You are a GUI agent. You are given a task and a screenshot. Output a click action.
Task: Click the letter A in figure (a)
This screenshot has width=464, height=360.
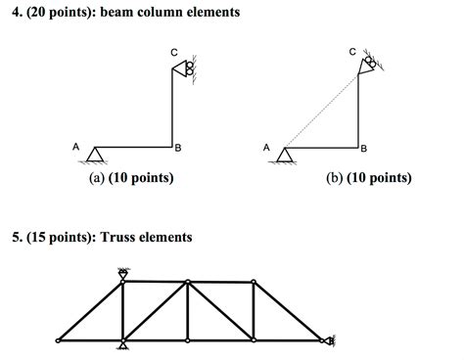coord(76,146)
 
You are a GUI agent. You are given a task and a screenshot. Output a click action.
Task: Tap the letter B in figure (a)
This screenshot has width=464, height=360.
coord(177,149)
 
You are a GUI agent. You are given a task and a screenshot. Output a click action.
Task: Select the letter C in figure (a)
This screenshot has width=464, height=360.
coord(172,51)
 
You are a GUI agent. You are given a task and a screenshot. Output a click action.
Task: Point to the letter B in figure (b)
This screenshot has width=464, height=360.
coord(364,149)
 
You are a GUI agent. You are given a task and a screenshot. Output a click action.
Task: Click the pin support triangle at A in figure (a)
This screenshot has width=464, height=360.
coord(96,154)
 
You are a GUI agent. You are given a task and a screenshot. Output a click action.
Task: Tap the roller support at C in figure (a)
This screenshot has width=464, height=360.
coord(183,68)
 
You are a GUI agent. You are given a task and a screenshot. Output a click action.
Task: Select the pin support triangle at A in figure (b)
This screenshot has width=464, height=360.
coord(284,154)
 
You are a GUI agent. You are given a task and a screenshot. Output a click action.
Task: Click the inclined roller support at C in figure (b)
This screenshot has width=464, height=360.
coord(368,65)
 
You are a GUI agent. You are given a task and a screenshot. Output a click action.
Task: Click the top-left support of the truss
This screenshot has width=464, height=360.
coord(123,274)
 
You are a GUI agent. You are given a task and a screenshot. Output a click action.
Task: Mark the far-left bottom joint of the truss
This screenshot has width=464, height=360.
coord(59,340)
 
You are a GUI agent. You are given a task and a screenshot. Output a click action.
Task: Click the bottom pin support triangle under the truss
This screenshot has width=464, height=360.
coord(123,345)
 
